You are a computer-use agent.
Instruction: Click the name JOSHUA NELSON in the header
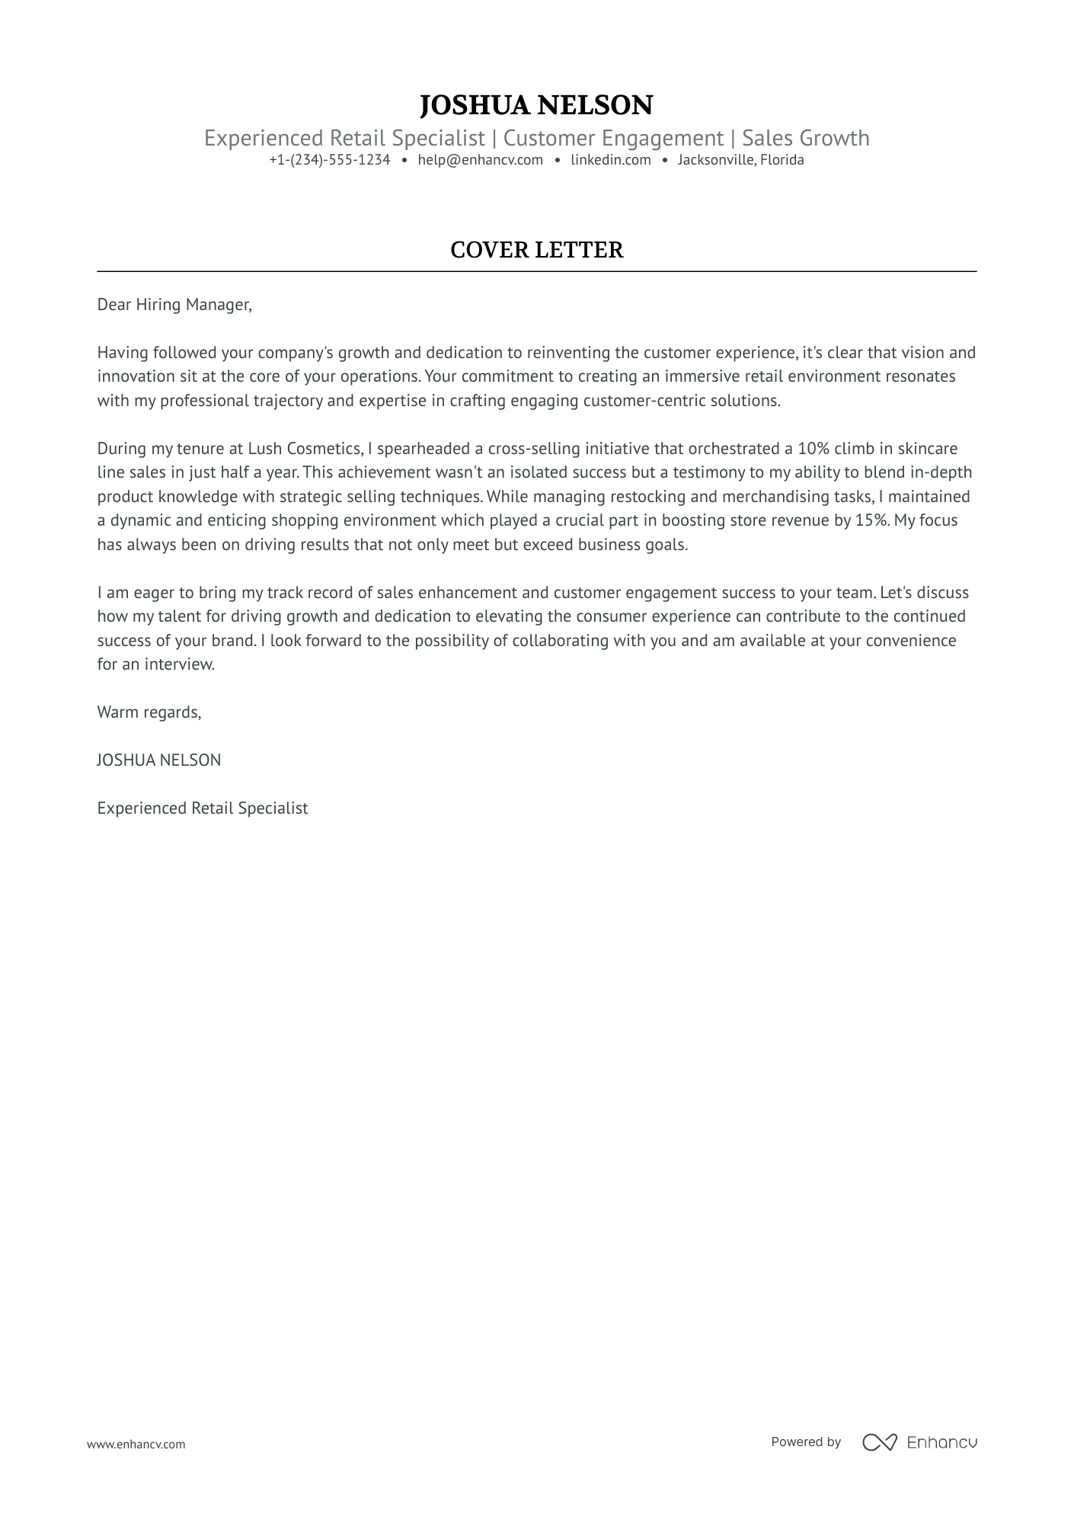click(536, 105)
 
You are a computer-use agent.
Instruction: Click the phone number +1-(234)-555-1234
click(329, 160)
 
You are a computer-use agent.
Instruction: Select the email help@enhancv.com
click(480, 160)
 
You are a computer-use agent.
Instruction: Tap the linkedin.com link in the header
click(610, 160)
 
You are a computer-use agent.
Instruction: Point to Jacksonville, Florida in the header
click(740, 160)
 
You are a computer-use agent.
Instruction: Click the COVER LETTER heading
click(536, 250)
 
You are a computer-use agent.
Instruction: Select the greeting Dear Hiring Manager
click(174, 305)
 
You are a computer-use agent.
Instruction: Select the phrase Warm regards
click(149, 712)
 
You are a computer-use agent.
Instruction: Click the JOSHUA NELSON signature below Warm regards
click(158, 760)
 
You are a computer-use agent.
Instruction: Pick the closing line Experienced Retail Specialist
click(202, 808)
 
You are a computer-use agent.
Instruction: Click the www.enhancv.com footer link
click(136, 1444)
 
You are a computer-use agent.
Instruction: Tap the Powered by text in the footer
click(805, 1442)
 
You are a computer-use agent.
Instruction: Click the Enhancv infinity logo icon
click(879, 1442)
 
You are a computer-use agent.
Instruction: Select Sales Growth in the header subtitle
click(805, 138)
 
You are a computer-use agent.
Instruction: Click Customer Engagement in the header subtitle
click(613, 138)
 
